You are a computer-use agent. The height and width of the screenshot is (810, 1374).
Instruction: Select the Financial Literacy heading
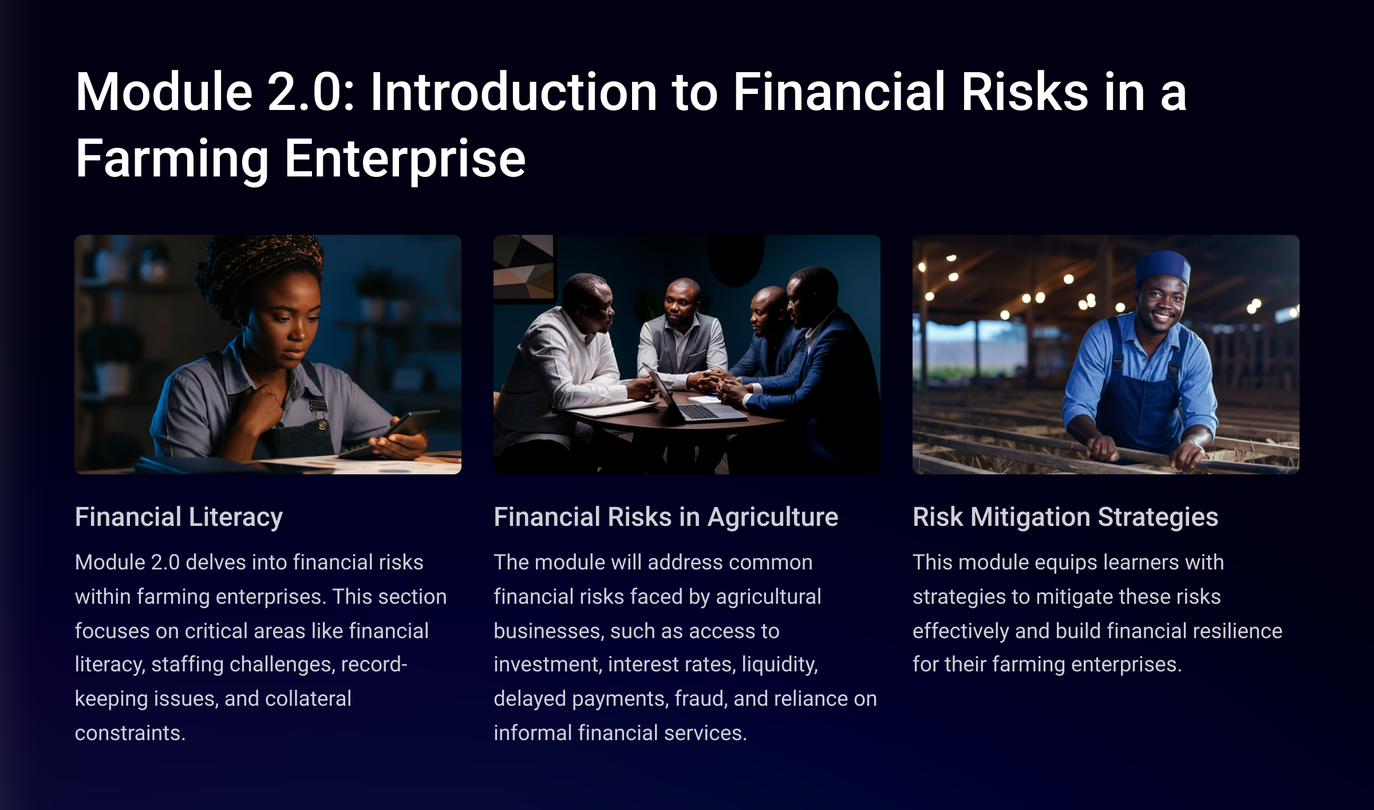(x=179, y=517)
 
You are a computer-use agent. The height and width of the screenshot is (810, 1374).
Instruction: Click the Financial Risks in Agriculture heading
(x=666, y=517)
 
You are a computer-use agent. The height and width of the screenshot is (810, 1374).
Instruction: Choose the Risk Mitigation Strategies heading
(x=1065, y=517)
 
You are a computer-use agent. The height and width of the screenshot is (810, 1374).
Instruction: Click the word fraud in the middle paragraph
(x=701, y=699)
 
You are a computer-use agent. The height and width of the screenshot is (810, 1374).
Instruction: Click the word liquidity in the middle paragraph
(x=780, y=665)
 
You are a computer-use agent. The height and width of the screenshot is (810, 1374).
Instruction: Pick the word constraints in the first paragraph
(x=130, y=733)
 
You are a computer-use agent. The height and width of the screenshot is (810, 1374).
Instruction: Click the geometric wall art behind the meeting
(x=524, y=267)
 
